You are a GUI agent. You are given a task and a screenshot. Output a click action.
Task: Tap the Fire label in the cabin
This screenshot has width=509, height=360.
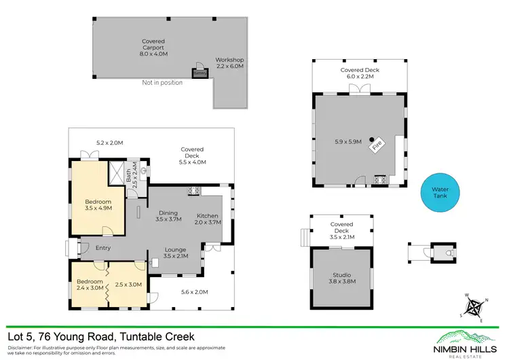point(379,144)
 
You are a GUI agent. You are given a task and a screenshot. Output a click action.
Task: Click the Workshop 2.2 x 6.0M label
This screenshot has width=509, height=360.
point(229,63)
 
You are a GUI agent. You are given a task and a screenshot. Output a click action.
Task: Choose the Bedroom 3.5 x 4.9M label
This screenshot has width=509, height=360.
point(98,205)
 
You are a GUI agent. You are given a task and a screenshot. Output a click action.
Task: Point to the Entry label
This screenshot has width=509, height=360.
point(102,248)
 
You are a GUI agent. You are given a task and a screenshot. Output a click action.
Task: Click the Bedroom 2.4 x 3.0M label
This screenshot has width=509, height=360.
point(89,284)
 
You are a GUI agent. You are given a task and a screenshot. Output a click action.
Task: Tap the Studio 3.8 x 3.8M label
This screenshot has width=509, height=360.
point(341,278)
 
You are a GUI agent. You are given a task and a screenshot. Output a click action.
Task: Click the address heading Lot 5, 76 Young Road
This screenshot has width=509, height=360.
point(100,336)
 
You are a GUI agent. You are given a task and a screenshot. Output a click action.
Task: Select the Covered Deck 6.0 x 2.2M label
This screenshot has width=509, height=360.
point(359,73)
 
